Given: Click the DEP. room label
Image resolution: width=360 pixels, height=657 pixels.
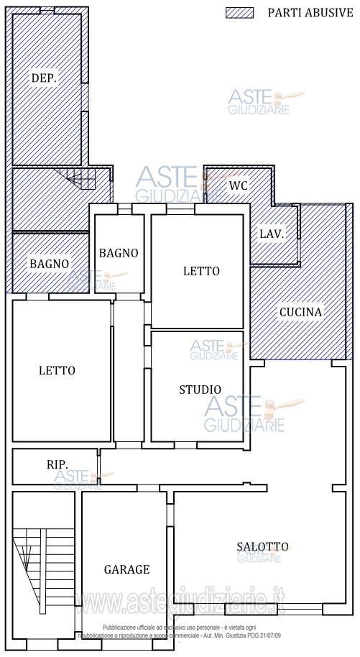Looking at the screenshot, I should tap(43, 78).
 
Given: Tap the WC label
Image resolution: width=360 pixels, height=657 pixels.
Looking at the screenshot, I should tap(238, 185).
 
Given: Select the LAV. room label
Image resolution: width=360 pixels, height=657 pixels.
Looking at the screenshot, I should tap(272, 234).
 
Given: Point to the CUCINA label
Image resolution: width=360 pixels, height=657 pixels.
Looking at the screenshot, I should tap(301, 312).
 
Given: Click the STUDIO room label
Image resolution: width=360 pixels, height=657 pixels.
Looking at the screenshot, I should tap(200, 390).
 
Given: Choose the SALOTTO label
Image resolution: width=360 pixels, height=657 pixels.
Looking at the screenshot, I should tap(262, 547).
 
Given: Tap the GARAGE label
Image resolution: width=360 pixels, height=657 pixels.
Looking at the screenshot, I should tap(126, 569).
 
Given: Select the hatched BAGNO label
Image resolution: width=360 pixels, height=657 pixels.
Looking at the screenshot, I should tap(49, 264).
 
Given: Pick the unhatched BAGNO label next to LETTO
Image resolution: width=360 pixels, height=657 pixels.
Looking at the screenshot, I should tap(119, 252).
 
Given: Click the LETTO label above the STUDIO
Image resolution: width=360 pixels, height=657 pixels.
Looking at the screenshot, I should tap(201, 271).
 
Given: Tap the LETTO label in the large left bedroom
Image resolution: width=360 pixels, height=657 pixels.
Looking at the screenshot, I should tap(57, 371).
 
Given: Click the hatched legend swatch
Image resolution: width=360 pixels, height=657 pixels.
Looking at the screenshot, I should tap(240, 13).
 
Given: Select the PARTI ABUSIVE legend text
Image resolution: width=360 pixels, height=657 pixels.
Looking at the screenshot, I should tap(310, 13).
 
